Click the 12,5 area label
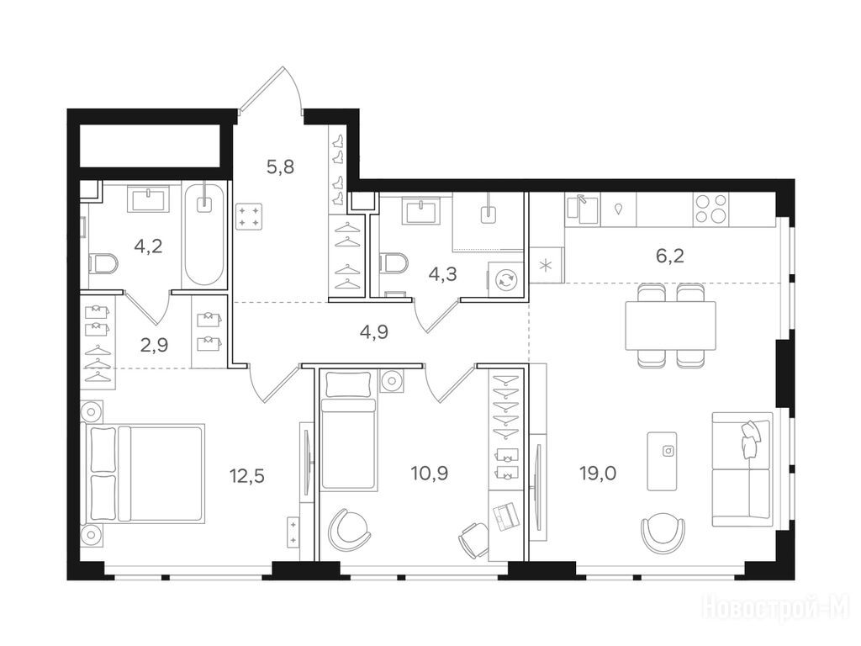tap(247, 475)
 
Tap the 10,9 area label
tap(430, 473)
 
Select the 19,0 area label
tap(598, 473)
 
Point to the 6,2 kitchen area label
tap(670, 256)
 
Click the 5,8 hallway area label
tap(280, 167)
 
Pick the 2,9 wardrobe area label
tap(155, 345)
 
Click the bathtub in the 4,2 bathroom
tap(204, 236)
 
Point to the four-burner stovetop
tap(711, 209)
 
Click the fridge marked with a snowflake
tap(547, 265)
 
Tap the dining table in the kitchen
tap(671, 326)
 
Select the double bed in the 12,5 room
tap(143, 473)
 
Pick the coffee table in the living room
tap(663, 461)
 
